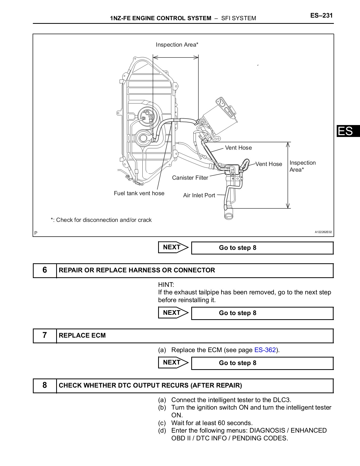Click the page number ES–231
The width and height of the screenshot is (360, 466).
click(321, 16)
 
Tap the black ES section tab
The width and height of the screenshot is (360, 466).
click(348, 131)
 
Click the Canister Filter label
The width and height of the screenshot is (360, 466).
click(190, 178)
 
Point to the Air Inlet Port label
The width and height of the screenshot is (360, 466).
click(199, 195)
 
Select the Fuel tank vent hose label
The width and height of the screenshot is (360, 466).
click(139, 193)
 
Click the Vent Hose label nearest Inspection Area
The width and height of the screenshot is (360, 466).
click(269, 164)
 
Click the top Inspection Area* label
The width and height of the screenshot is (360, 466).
click(177, 45)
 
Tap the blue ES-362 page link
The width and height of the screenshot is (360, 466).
click(265, 350)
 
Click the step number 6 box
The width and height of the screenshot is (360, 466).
click(45, 270)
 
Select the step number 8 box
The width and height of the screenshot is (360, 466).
click(45, 385)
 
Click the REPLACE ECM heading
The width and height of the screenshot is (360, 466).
click(82, 336)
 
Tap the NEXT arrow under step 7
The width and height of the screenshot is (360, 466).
click(173, 362)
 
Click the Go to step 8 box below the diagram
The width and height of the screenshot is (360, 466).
click(262, 248)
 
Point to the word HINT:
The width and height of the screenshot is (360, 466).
click(166, 285)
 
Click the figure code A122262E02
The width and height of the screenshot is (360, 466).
click(323, 232)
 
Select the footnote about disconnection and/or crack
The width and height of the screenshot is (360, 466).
click(101, 220)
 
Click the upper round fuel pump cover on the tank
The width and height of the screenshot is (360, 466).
click(146, 115)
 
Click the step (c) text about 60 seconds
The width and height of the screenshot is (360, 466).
click(211, 423)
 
